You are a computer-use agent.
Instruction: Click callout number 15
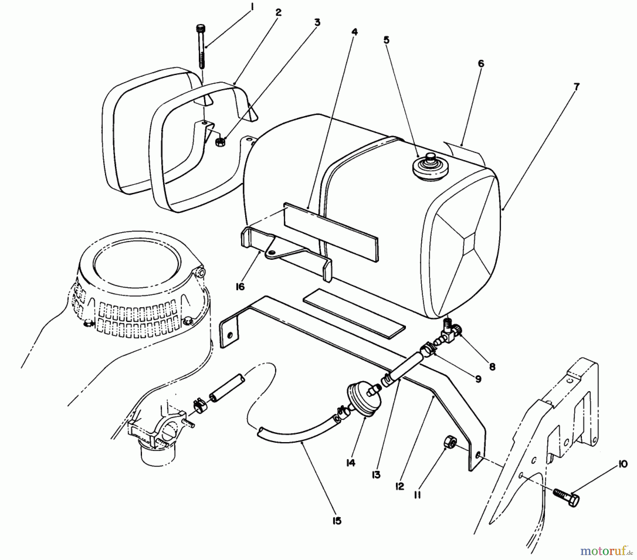click(337, 521)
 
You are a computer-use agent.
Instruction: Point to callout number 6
click(481, 64)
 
